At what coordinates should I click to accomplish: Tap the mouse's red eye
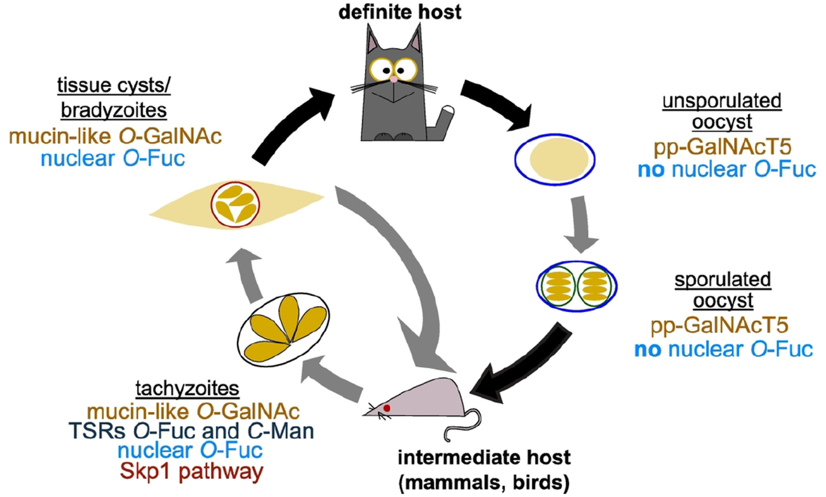(387, 407)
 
